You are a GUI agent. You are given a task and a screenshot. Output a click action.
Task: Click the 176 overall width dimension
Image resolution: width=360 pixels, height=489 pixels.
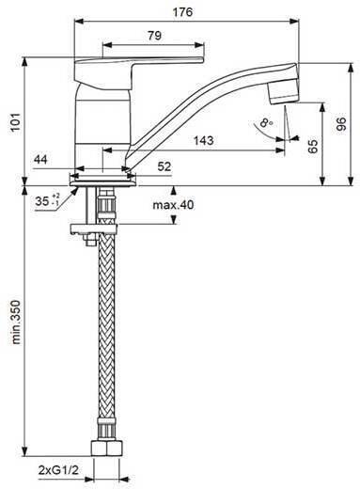point(182,12)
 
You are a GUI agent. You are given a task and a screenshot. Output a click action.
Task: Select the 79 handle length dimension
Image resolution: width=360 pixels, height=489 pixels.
point(154,36)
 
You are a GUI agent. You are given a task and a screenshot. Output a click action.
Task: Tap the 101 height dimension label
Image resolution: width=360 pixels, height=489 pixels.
point(16,122)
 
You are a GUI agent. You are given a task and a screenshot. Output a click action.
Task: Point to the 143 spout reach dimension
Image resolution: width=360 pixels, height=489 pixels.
point(204,140)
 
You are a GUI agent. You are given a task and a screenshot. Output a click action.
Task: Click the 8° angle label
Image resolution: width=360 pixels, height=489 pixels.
point(266,122)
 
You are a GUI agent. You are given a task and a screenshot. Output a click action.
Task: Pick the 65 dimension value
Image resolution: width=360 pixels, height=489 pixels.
point(313,147)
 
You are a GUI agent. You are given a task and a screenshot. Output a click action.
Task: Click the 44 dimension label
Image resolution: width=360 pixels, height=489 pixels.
point(40,160)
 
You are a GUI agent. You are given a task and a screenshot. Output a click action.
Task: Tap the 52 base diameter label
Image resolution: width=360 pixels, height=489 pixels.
point(164,166)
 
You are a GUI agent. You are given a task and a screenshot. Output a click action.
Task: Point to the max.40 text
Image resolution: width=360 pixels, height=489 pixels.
point(173,205)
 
